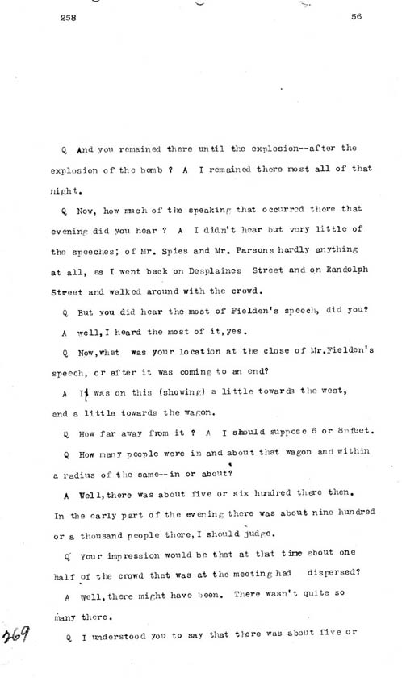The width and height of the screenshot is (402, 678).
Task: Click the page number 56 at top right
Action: point(356,15)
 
